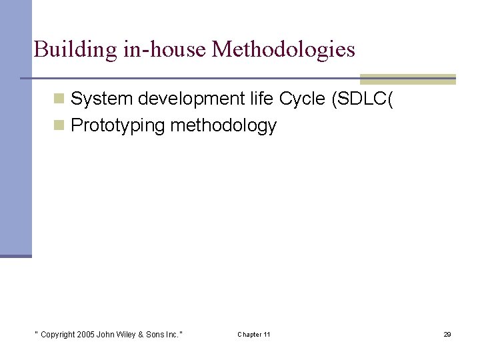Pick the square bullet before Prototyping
point(59,126)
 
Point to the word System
point(97,99)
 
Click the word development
point(177,99)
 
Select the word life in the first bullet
point(253,99)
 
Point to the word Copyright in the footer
point(58,335)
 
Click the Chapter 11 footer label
point(254,335)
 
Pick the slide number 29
point(447,335)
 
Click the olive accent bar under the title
point(407,79)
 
